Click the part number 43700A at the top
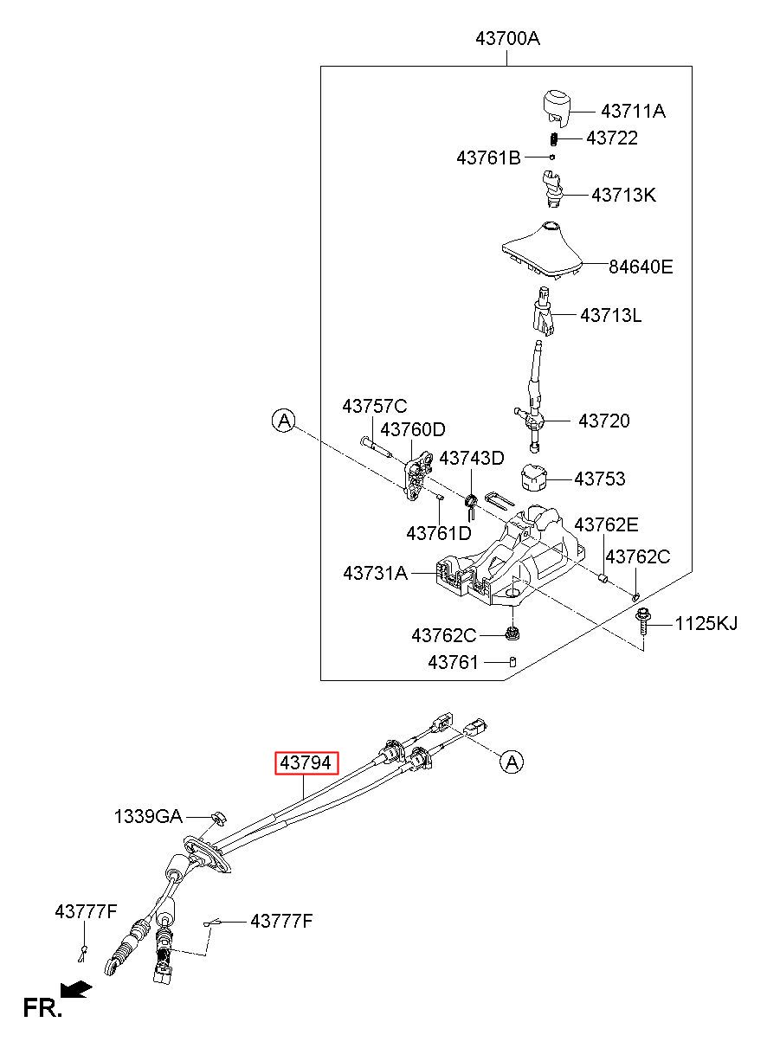(508, 38)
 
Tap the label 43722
(612, 138)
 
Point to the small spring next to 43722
(553, 139)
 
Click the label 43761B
(488, 158)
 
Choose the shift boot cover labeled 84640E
(543, 250)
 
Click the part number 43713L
(610, 315)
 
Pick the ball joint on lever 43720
(534, 421)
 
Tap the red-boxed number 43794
(306, 763)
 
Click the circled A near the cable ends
(512, 762)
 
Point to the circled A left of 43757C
(284, 421)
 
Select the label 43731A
(376, 573)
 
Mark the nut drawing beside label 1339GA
(218, 817)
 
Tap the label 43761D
(439, 533)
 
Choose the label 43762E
(606, 525)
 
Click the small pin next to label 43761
(512, 662)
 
